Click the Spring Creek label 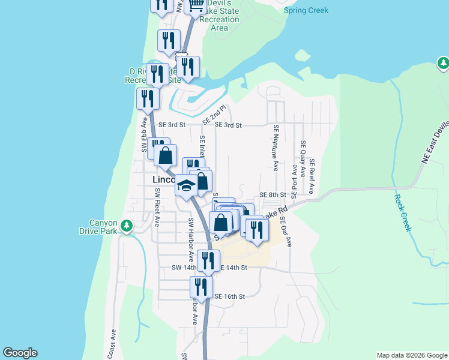pos(306,11)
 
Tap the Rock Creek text pos(402,212)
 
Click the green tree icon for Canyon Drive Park pos(126,226)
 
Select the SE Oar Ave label pos(288,232)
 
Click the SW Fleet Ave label pos(157,207)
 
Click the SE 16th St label pos(230,296)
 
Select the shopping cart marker pos(196,6)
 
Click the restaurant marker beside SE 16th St pos(201,286)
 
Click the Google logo pos(20,353)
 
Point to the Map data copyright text pos(411,355)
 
